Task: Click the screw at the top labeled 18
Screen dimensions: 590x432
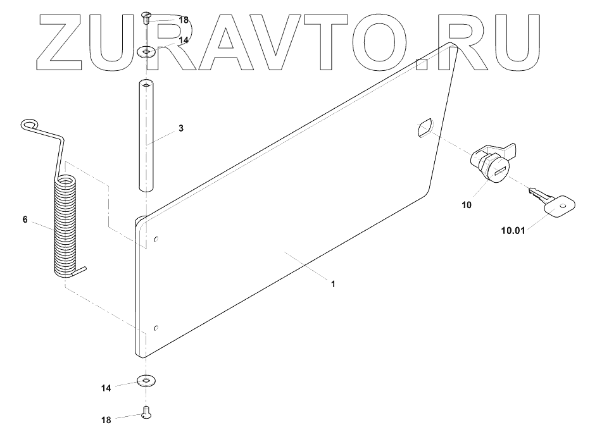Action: click(147, 17)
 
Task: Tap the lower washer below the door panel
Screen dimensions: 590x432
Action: click(147, 381)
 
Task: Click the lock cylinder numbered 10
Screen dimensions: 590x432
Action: click(491, 164)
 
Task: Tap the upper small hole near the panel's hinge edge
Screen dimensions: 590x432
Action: click(156, 240)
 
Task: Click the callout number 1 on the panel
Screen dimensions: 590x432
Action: click(333, 285)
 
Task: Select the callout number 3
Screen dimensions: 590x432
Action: click(181, 128)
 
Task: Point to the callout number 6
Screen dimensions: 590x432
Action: click(25, 219)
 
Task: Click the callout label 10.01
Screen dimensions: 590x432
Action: click(513, 231)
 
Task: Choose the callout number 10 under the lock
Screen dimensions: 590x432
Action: click(467, 206)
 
